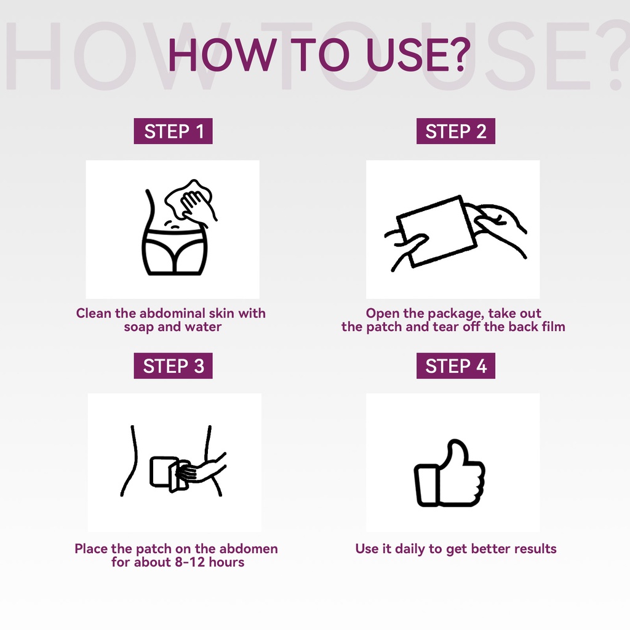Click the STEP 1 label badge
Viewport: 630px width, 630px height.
(173, 131)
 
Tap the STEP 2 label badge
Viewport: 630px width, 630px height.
(456, 131)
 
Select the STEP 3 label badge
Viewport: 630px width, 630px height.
(173, 365)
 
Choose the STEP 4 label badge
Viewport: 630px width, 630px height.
(456, 365)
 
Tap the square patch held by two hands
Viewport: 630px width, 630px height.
(437, 231)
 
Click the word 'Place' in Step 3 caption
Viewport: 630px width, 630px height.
(91, 548)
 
